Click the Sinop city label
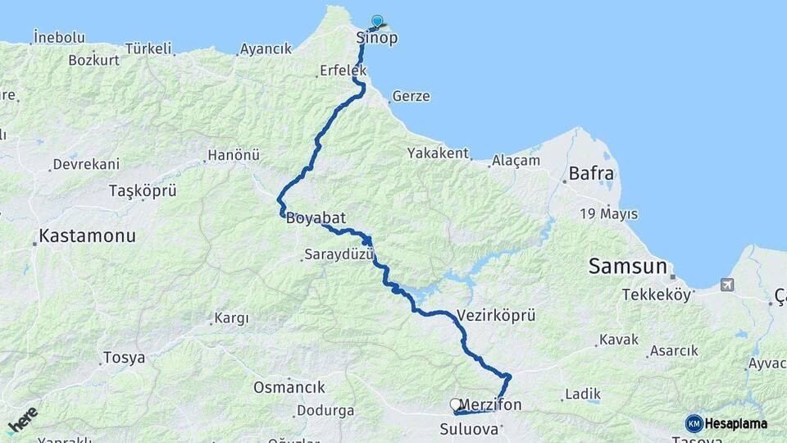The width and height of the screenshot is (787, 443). point(377,38)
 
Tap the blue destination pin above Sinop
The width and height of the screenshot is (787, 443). point(377,21)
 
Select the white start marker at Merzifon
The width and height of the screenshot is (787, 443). point(456,404)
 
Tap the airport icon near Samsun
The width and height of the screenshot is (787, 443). point(726,285)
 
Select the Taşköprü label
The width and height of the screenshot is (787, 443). point(143,191)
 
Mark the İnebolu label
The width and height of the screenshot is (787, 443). point(59,37)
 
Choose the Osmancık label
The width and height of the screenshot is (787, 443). point(289,387)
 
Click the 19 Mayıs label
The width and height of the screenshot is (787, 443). point(608,214)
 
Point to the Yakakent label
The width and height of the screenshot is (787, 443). point(439,153)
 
